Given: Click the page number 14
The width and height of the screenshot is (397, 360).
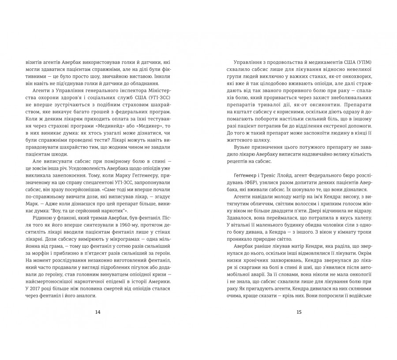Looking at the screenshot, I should (98, 312).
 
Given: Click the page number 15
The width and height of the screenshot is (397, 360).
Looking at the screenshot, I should (299, 312).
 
